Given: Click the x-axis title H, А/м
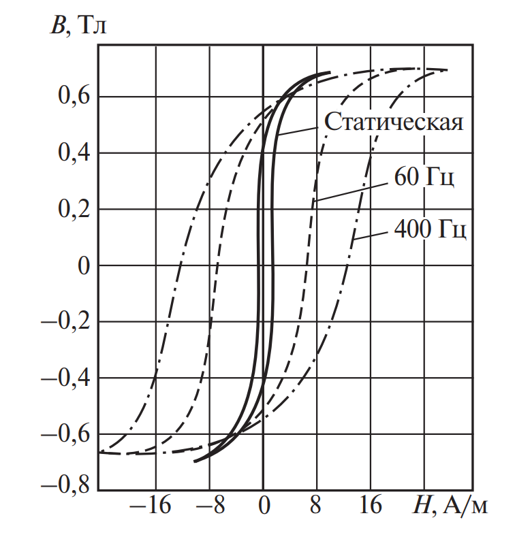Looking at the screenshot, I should click(x=451, y=506).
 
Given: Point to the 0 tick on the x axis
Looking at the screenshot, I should click(x=263, y=507).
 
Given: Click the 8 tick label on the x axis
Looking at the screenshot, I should click(x=316, y=507).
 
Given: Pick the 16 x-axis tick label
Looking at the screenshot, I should click(x=370, y=507).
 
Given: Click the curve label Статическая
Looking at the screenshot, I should click(x=394, y=123).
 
